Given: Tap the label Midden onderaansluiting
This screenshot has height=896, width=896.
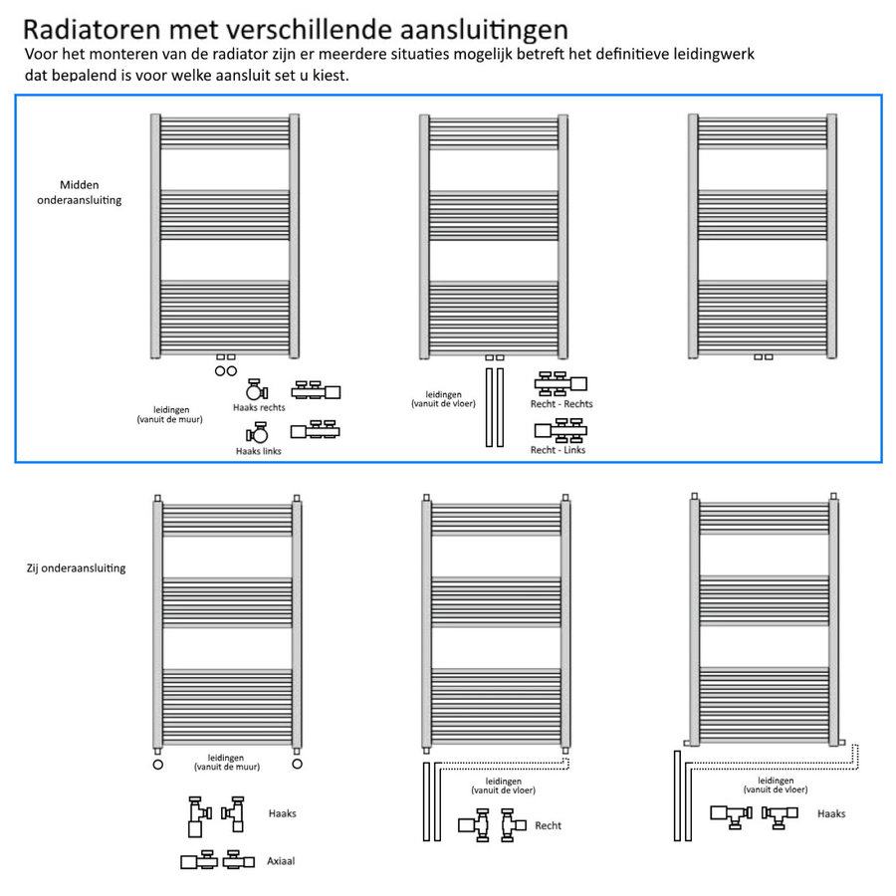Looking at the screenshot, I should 91,192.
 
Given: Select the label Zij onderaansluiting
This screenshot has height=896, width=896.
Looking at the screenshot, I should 77,568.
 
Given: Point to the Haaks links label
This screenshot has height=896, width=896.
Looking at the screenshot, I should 259,451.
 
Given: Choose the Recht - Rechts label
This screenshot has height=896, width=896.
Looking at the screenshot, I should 561,404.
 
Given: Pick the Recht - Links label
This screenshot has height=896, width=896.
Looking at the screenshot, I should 558,450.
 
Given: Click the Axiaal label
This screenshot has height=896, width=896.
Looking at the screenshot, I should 282,860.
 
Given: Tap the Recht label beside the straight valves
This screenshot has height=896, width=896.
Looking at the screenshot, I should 548,825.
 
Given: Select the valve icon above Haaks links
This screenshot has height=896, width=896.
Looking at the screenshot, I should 259,433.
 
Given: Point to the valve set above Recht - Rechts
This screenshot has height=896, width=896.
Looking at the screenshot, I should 560,383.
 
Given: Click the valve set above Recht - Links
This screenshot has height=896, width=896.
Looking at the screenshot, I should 560,430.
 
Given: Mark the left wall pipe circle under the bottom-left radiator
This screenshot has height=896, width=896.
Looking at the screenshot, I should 157,765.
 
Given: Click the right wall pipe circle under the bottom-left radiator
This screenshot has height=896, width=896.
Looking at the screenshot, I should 297,765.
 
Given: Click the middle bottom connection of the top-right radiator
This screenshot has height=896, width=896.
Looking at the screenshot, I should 763,356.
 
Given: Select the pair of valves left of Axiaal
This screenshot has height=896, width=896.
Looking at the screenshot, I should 212,859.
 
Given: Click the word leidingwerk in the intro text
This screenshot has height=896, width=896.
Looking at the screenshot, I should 730,54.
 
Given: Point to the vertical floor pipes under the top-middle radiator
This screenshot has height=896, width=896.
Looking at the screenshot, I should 495,408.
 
